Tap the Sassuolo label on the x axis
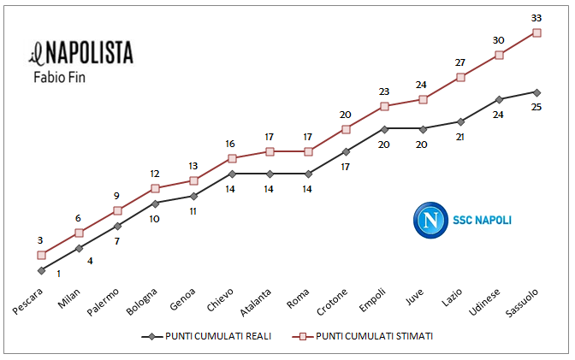pyautogui.click(x=522, y=305)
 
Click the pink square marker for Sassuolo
pyautogui.click(x=537, y=32)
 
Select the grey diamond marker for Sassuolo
pyautogui.click(x=537, y=91)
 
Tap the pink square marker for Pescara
pyautogui.click(x=41, y=255)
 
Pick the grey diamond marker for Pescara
pyautogui.click(x=41, y=270)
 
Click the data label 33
pyautogui.click(x=537, y=17)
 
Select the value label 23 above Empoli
pyautogui.click(x=384, y=91)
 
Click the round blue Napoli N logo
pyautogui.click(x=430, y=220)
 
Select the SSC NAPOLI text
pyautogui.click(x=482, y=220)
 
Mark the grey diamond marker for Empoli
pyautogui.click(x=384, y=128)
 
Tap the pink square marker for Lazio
pyautogui.click(x=460, y=77)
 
